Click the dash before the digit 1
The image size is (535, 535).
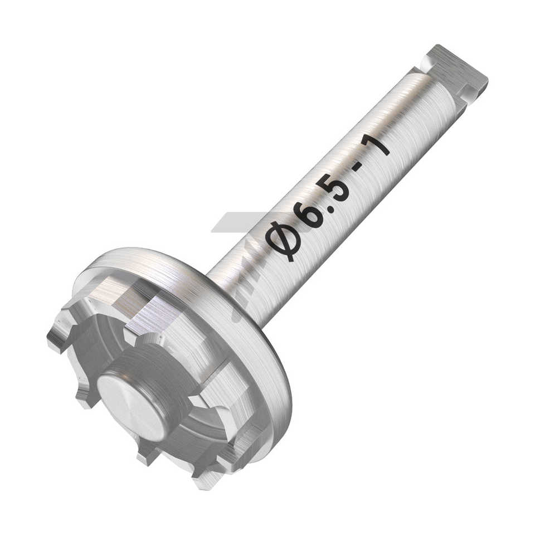coord(360,168)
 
